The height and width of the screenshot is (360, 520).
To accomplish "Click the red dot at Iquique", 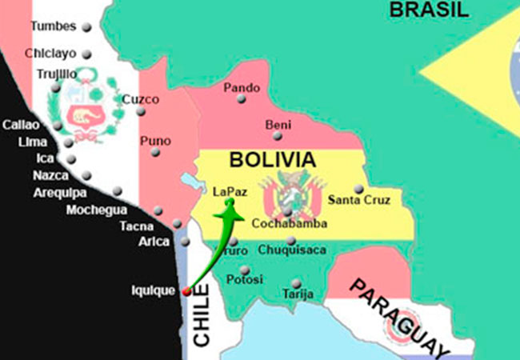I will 186,291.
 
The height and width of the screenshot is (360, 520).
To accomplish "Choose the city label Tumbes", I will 53,26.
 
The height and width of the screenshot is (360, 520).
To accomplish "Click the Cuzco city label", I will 141,100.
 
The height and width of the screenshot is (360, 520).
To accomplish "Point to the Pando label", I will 241,87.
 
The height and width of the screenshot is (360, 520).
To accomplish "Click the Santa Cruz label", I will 359,200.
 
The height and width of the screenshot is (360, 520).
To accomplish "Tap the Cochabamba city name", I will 289,224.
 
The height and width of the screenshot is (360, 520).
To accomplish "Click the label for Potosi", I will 244,280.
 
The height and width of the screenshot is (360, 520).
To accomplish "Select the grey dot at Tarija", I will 297,283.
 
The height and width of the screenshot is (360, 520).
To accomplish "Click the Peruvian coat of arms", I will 84,112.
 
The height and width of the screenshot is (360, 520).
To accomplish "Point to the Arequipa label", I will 60,192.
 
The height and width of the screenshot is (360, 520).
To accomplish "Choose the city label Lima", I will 32,142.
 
